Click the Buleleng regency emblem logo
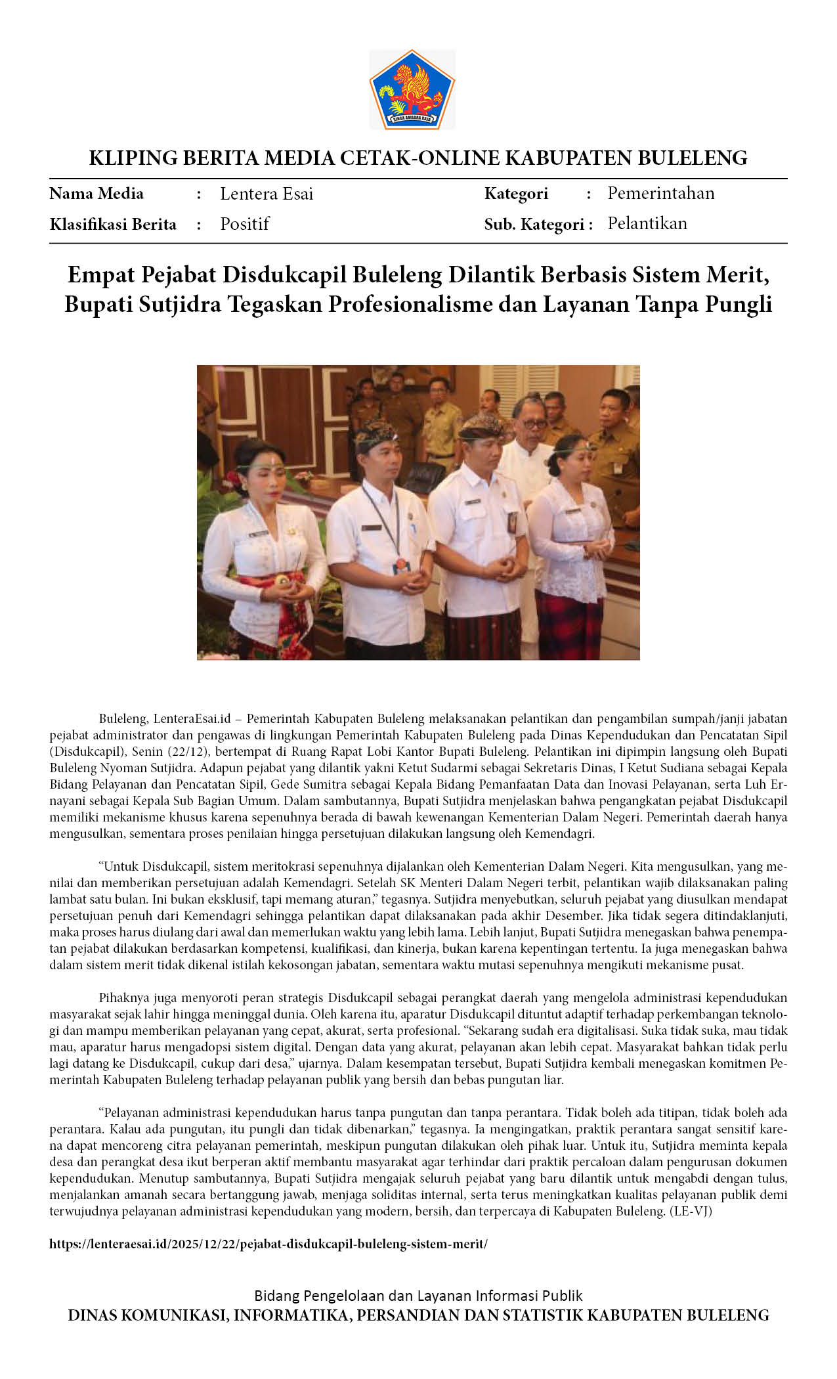[x=412, y=89]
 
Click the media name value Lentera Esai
[x=267, y=194]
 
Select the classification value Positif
[x=244, y=224]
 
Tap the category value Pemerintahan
[x=660, y=193]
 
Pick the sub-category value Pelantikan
[x=647, y=223]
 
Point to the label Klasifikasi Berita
[x=113, y=225]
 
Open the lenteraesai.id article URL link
[x=268, y=1244]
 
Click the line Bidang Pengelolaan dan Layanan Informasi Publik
[x=418, y=1296]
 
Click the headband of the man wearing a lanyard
[x=375, y=433]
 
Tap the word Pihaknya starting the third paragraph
[x=123, y=998]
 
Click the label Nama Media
[x=97, y=194]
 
